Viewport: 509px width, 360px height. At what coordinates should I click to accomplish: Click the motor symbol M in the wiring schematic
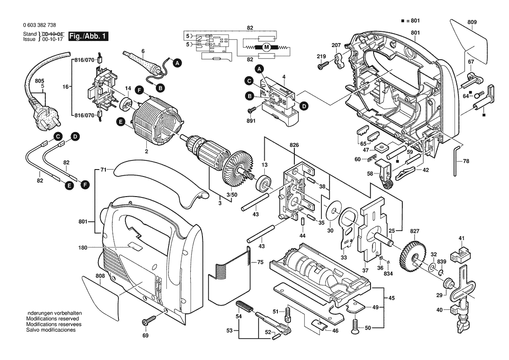(x=266, y=47)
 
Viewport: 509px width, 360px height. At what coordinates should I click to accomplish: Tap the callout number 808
(x=100, y=276)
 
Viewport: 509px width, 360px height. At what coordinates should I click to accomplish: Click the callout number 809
(x=472, y=22)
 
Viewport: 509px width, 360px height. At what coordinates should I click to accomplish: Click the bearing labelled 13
(x=263, y=183)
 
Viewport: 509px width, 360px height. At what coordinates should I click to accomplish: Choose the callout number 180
(x=83, y=248)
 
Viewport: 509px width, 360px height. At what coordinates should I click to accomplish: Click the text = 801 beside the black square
(x=412, y=20)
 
